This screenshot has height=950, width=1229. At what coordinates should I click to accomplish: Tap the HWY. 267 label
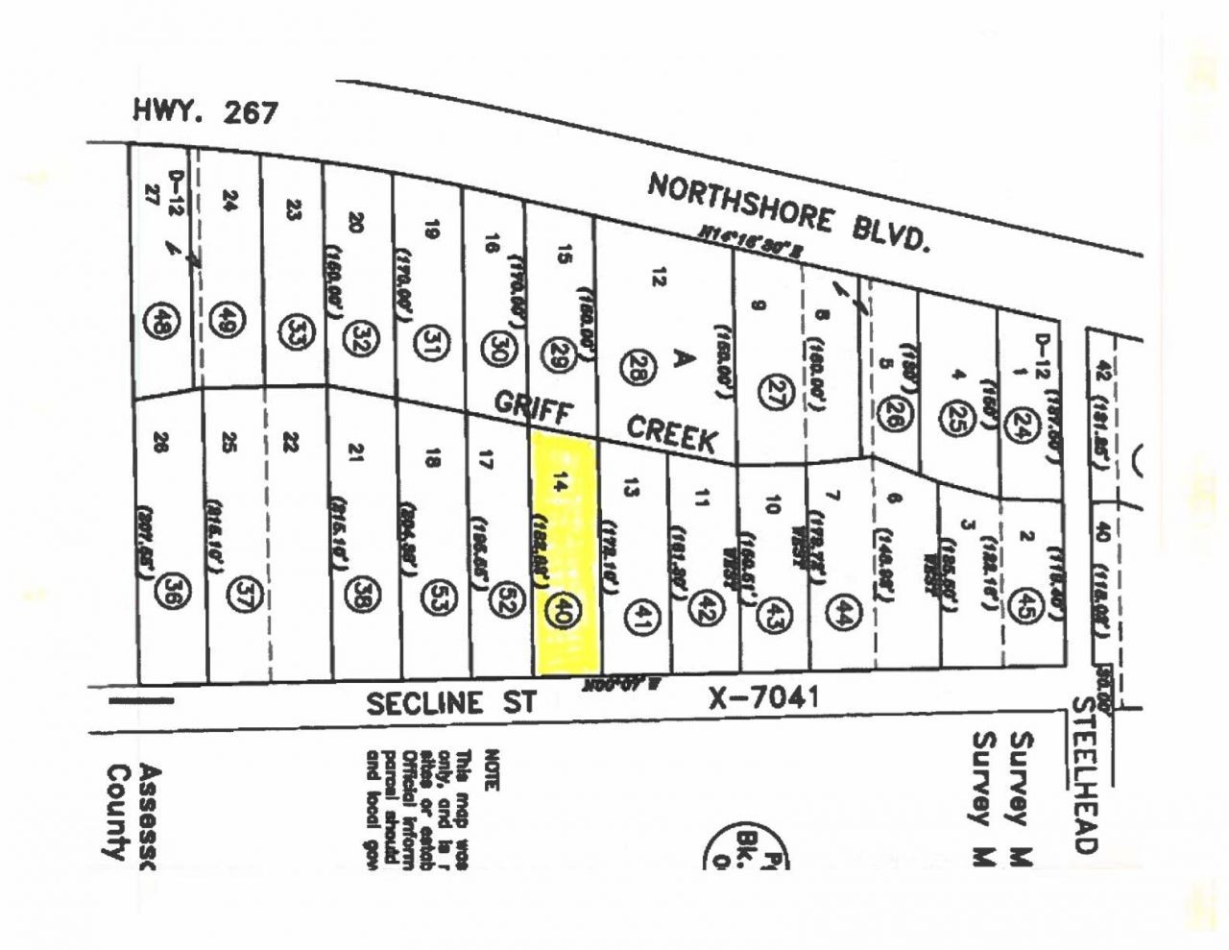tap(205, 112)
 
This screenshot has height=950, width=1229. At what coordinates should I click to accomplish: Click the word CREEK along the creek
tap(672, 433)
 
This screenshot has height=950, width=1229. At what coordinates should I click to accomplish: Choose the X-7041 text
tap(763, 696)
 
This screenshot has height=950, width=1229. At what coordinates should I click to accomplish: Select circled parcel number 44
tap(846, 611)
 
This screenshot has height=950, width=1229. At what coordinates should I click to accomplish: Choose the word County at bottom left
tap(116, 812)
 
